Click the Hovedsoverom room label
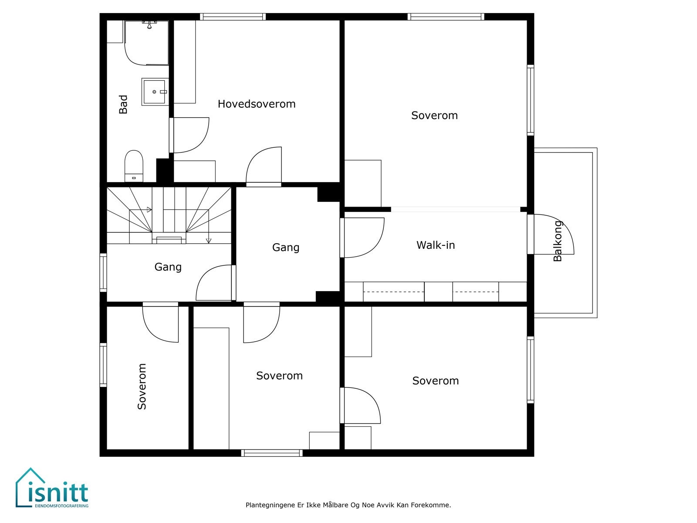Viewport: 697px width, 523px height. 257,104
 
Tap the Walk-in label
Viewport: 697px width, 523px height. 436,245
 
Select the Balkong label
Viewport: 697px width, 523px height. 558,241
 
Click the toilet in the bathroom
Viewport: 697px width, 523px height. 134,166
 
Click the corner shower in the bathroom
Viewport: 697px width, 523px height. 146,43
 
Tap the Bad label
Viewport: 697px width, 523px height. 123,104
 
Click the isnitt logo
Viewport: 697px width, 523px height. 52,488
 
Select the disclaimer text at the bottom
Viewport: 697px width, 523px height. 348,505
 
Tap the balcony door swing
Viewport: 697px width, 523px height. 554,234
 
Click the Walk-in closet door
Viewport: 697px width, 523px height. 362,238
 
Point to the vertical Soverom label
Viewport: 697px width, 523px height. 142,387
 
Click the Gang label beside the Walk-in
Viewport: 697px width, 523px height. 286,248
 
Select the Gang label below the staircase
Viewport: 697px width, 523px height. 168,267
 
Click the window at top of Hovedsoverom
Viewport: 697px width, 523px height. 233,17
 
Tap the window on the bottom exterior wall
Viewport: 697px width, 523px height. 272,453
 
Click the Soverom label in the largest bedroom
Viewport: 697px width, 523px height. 434,115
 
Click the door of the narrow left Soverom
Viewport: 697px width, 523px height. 160,322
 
